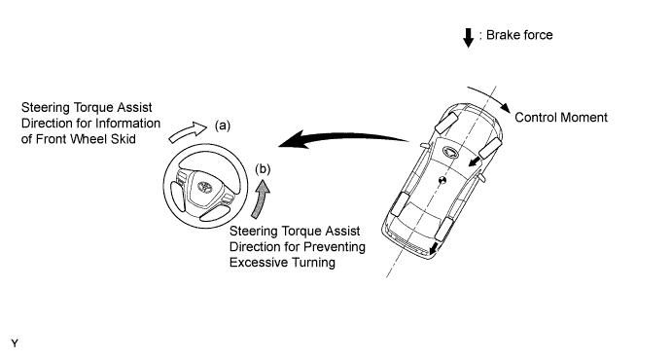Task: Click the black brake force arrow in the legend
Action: (469, 38)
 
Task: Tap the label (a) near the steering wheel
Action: (223, 126)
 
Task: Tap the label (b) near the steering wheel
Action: (263, 169)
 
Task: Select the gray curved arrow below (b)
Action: (261, 199)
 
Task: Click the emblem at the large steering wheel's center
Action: (204, 187)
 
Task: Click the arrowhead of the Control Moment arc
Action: (505, 108)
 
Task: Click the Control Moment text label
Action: (561, 118)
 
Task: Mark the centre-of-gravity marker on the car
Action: (442, 180)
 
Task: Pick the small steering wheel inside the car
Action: (451, 151)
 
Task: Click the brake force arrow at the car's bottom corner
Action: (434, 248)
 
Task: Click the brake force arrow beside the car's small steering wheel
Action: (474, 162)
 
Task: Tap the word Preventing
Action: (334, 247)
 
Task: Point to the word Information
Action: (128, 124)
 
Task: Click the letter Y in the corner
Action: (15, 343)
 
